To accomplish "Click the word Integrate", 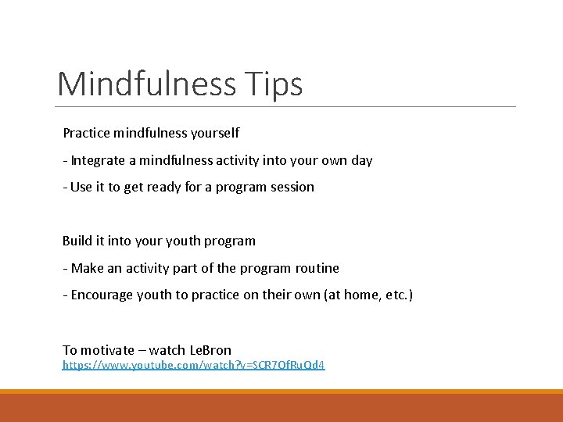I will coord(99,160).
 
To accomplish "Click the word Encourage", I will coord(102,295).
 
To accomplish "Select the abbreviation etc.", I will coord(394,295).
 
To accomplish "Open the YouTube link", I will coord(194,365).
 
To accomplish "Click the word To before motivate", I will coord(70,349).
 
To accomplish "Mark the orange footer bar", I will coord(281,406).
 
